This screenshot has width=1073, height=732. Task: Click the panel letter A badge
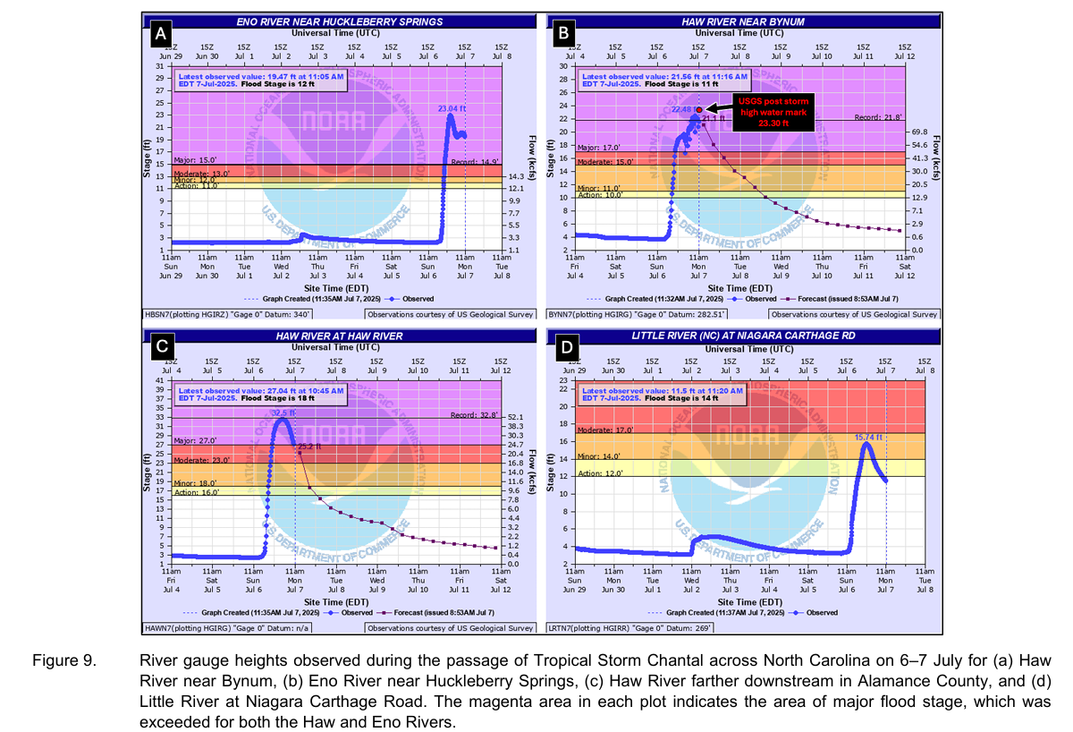pyautogui.click(x=160, y=35)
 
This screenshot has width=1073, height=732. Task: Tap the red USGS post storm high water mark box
pyautogui.click(x=773, y=111)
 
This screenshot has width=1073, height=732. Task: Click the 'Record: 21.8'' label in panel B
pyautogui.click(x=875, y=117)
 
